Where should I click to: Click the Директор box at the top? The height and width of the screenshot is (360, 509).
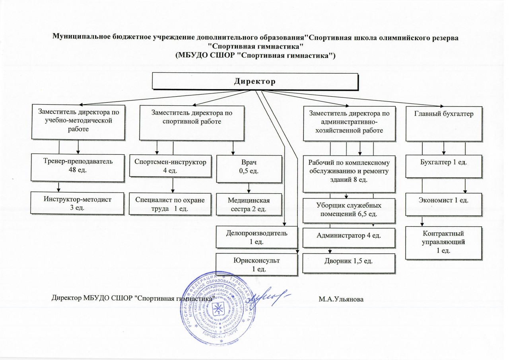pyautogui.click(x=255, y=82)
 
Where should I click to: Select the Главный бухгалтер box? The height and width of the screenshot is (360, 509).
pyautogui.click(x=444, y=123)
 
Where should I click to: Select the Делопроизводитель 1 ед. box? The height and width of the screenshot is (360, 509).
pyautogui.click(x=256, y=237)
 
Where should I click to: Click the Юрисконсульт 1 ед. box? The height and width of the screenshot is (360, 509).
pyautogui.click(x=256, y=265)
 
